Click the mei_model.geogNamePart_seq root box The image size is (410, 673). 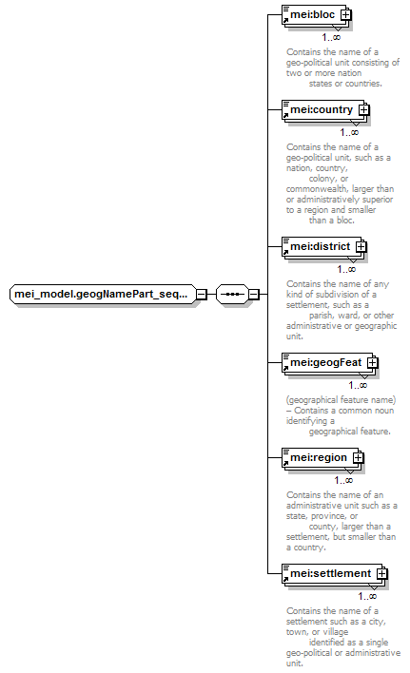tap(103, 294)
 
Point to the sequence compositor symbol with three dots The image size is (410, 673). tap(232, 294)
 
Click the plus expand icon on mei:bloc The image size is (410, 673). tap(345, 15)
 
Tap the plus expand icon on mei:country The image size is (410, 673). tap(363, 110)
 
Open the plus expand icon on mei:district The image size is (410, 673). tap(361, 247)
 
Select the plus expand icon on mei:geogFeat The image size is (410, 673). tap(372, 363)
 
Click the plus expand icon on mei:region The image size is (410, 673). tap(358, 458)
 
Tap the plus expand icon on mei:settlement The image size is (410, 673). tap(381, 574)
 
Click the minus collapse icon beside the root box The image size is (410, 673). tap(202, 295)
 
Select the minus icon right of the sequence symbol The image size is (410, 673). tap(254, 295)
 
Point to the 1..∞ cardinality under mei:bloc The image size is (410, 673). tap(331, 38)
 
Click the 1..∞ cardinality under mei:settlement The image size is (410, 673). tap(367, 597)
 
